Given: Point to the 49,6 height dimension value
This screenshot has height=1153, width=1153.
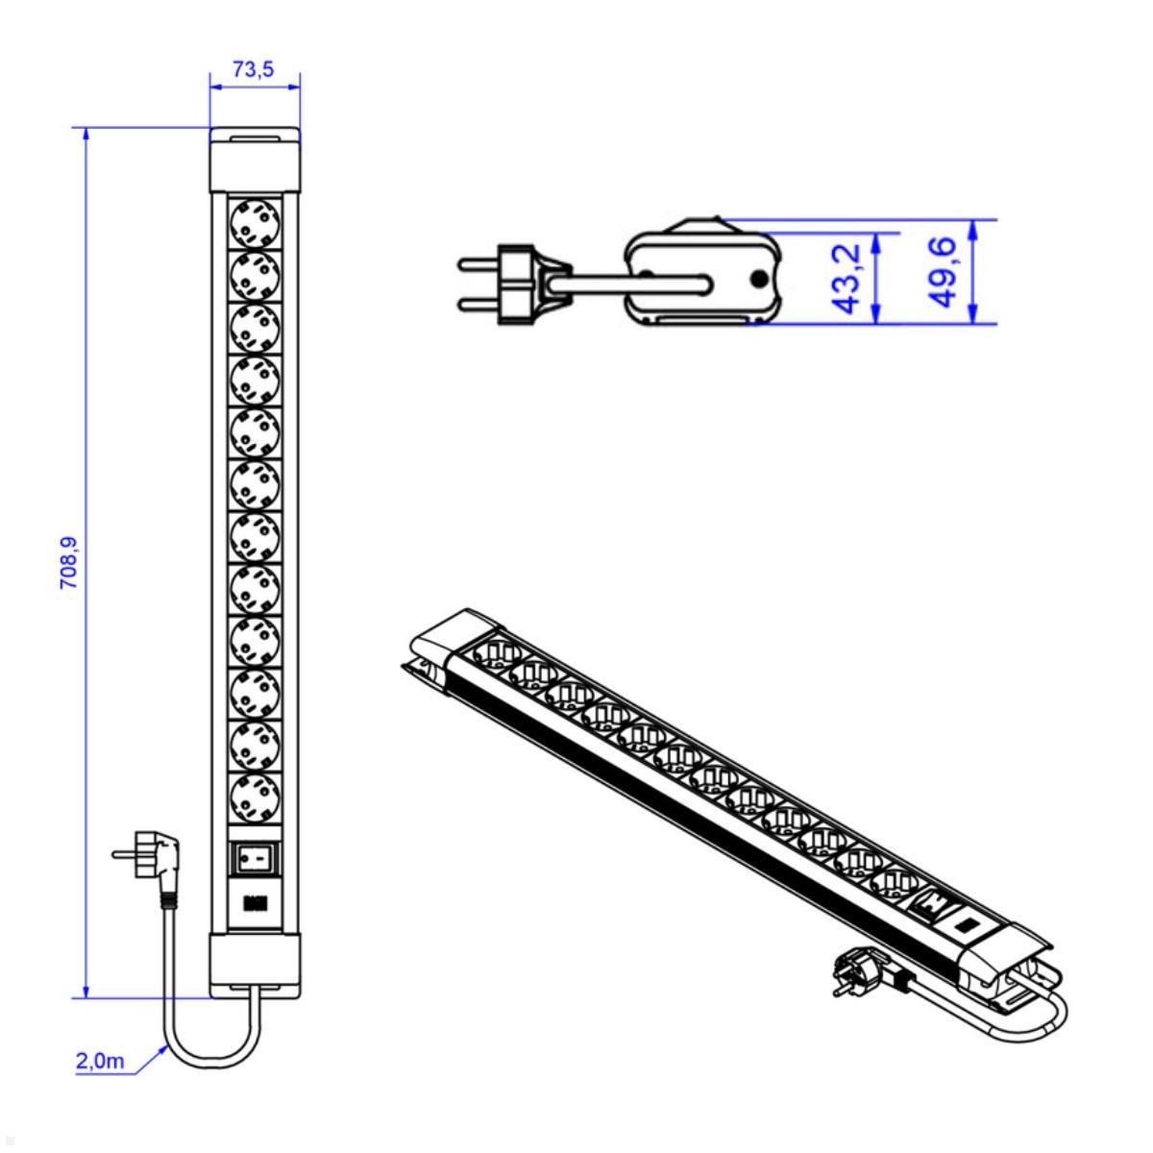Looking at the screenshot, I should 945,274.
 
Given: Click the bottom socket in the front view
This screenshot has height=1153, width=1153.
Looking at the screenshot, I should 256,795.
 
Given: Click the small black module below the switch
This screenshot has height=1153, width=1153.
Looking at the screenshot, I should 256,902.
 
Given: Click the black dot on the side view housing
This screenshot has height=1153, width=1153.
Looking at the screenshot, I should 759,280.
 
